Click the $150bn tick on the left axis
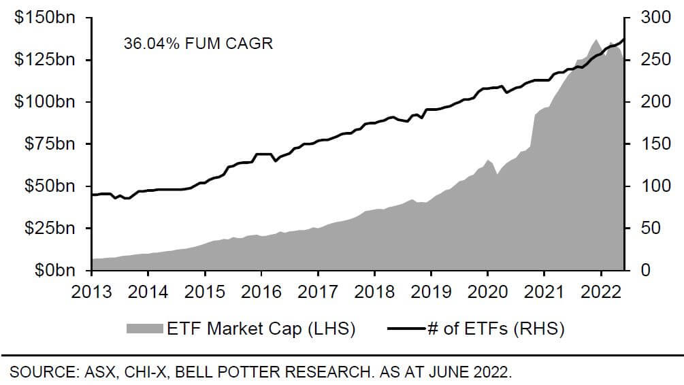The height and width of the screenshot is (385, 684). point(44,18)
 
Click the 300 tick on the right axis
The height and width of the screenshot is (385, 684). point(654,18)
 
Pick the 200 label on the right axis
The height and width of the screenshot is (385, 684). point(654,102)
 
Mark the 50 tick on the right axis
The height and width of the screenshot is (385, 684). point(650,229)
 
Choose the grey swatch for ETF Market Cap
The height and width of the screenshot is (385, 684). point(144,329)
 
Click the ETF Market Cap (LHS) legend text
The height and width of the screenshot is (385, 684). point(261,329)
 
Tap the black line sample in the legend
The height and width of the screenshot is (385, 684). point(406,329)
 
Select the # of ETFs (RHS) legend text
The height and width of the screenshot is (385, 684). point(495,329)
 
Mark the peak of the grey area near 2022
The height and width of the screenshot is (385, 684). point(596,39)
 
